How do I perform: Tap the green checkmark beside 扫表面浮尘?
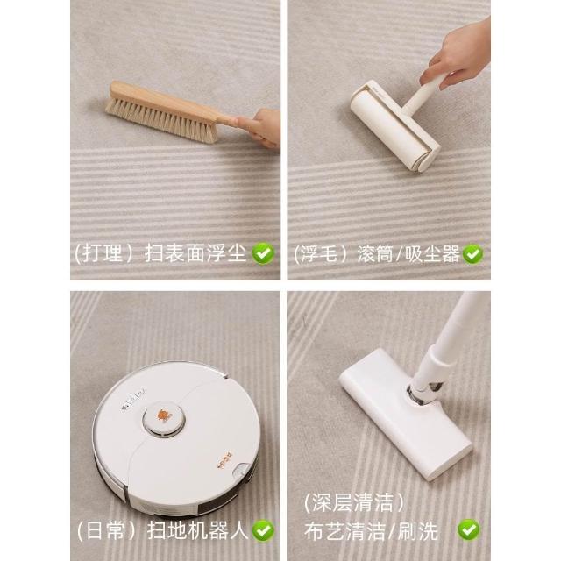[263, 253]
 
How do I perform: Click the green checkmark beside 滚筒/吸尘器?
[472, 254]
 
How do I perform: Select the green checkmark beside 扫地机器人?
[263, 530]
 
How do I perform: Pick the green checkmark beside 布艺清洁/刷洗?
[469, 529]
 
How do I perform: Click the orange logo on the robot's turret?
[164, 416]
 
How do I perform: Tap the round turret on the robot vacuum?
[164, 419]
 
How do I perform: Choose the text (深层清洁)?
[354, 502]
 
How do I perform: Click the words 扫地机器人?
[198, 530]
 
